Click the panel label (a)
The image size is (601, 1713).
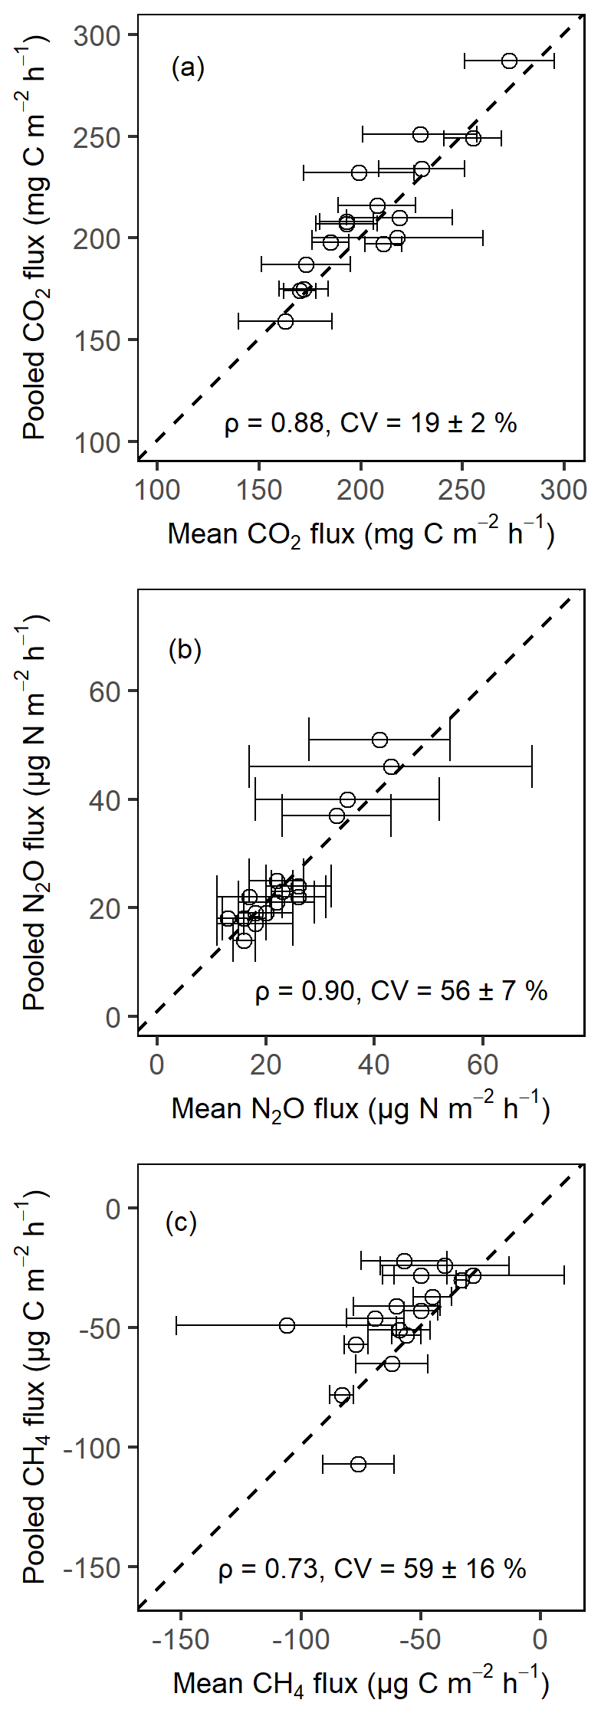click(188, 68)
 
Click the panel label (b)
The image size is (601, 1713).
click(185, 650)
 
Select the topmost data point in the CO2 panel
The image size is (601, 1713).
click(509, 61)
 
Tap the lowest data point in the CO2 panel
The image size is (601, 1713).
click(285, 321)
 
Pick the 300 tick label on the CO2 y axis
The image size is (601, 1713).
click(97, 35)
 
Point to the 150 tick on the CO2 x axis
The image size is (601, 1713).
click(259, 489)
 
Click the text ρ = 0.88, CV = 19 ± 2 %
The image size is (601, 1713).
click(370, 422)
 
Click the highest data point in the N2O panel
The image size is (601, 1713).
click(379, 740)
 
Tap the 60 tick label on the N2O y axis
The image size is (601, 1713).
click(105, 691)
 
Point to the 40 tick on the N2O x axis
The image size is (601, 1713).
click(373, 1065)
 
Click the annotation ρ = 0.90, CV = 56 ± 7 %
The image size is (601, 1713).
click(401, 991)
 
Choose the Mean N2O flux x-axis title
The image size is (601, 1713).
click(360, 1108)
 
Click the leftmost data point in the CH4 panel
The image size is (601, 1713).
click(287, 1325)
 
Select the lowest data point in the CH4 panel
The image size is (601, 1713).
click(358, 1465)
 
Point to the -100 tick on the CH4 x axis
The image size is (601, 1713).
click(300, 1639)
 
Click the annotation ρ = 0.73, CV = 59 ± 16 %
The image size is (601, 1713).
click(372, 1569)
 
